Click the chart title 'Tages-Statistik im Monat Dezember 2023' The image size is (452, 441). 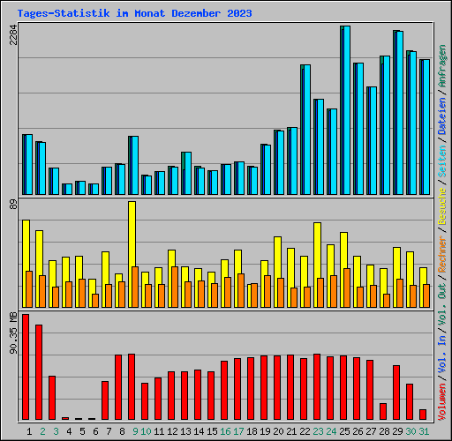134,13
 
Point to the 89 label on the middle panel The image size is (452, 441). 12,205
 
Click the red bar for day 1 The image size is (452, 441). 26,367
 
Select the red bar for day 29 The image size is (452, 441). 396,392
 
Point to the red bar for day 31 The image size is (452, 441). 423,415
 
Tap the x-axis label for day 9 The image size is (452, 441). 134,431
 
